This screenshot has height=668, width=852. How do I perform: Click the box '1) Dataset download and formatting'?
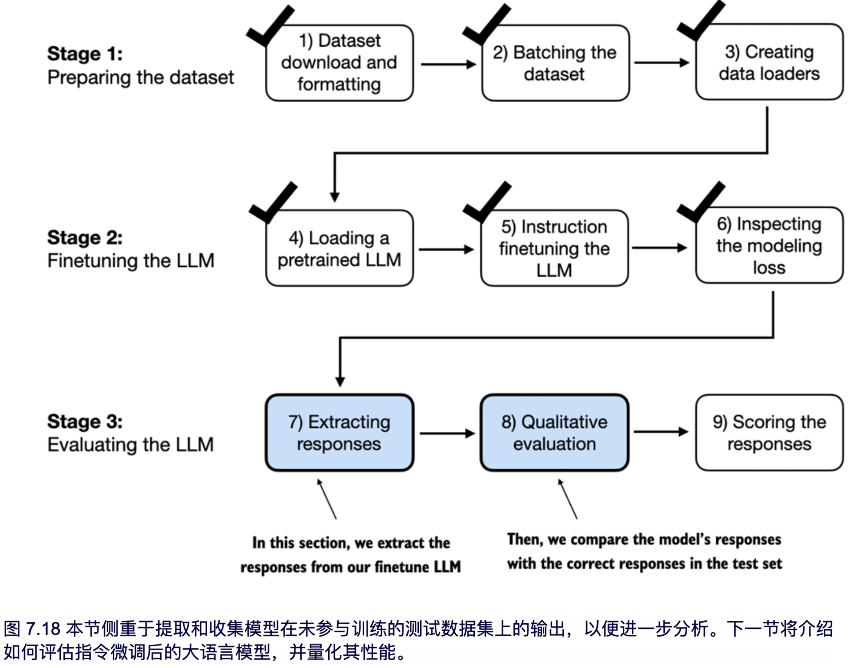[x=339, y=63]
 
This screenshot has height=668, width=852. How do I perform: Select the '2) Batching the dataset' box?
[x=555, y=63]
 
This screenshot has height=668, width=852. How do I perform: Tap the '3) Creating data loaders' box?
[x=769, y=62]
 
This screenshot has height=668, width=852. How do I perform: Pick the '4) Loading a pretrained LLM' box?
[x=339, y=248]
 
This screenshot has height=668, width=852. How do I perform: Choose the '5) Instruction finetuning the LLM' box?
[x=554, y=248]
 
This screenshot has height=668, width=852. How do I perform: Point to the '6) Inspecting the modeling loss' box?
[x=769, y=246]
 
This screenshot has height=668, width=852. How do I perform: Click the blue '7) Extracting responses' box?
[x=339, y=432]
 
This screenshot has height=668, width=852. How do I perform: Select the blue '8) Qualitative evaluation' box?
[x=554, y=432]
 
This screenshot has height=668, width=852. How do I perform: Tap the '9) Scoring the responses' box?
[x=769, y=432]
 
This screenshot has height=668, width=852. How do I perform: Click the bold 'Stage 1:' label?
[x=85, y=53]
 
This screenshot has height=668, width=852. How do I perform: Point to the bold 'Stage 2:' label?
[x=85, y=237]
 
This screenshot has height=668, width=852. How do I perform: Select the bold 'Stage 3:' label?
[x=85, y=421]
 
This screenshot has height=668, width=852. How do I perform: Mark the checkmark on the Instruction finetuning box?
[x=487, y=204]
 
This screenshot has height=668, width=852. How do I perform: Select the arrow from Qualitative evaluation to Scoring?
[x=661, y=432]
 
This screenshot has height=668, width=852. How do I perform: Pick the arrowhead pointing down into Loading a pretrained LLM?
[x=335, y=197]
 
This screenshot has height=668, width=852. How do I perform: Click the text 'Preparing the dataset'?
[x=140, y=77]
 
